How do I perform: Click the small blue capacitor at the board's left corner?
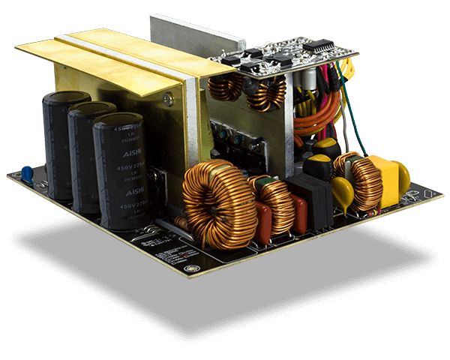27,174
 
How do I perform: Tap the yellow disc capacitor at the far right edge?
403,178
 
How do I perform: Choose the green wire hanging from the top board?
352,112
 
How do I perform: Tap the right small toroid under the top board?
267,92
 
